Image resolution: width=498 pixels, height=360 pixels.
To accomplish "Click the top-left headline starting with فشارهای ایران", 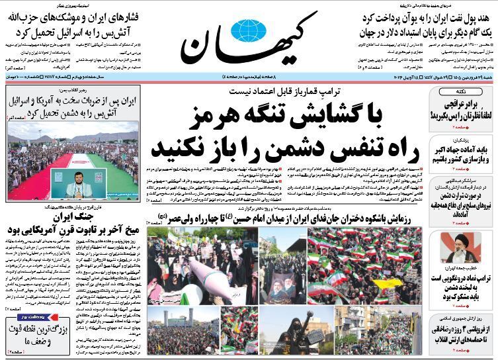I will [79, 14].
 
